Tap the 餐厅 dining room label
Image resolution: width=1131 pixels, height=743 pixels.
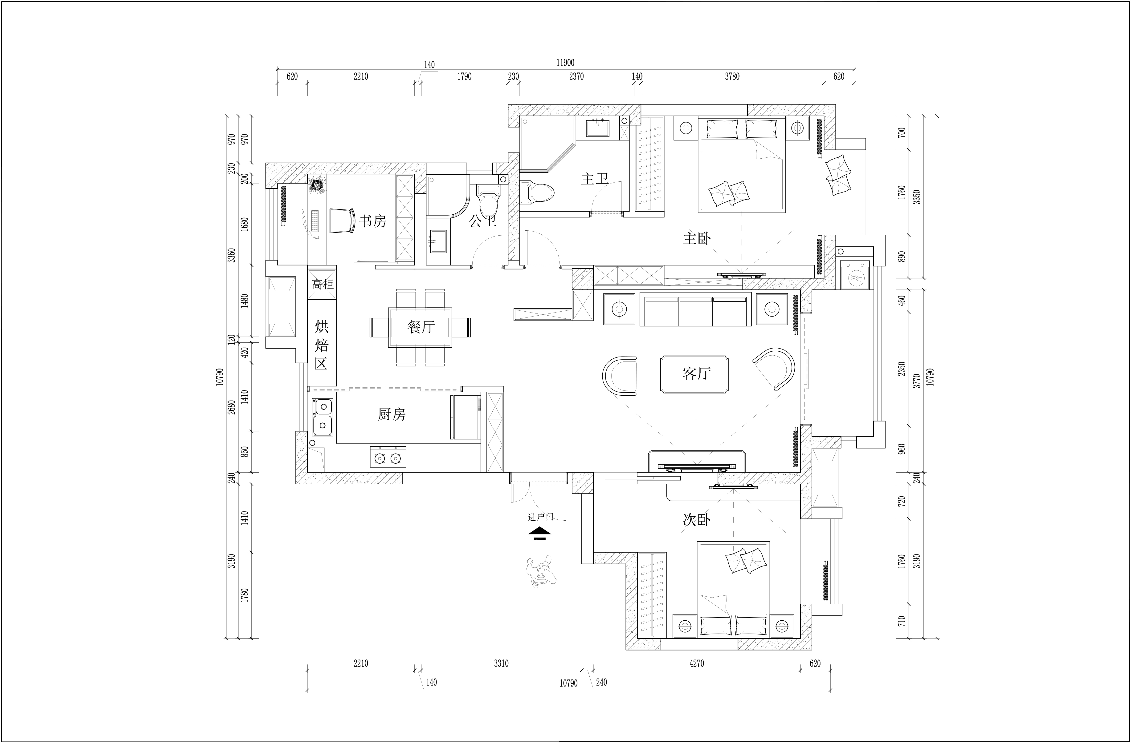(x=421, y=327)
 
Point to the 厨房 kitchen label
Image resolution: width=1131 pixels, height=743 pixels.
(x=392, y=414)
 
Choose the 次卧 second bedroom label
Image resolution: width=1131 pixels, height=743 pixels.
(x=697, y=520)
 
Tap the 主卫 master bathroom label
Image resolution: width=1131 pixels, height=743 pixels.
(x=595, y=179)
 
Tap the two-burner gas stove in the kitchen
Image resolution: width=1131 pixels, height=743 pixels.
(x=388, y=457)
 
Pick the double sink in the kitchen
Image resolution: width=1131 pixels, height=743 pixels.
(x=323, y=417)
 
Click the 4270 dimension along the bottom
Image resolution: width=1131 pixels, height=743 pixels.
(x=697, y=663)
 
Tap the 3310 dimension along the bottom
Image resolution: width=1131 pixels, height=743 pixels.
(x=501, y=663)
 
